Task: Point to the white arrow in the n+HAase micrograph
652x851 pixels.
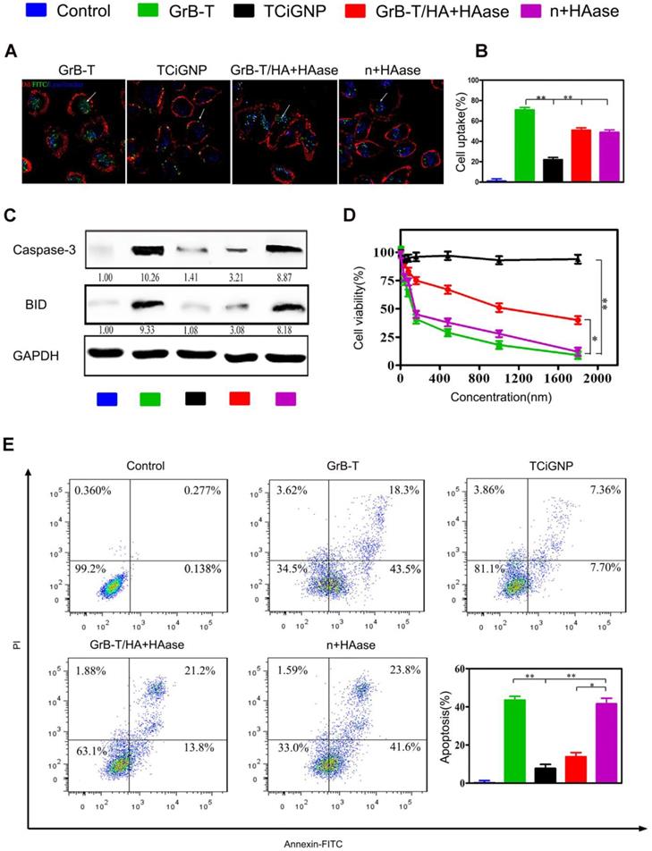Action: pyautogui.click(x=384, y=95)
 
